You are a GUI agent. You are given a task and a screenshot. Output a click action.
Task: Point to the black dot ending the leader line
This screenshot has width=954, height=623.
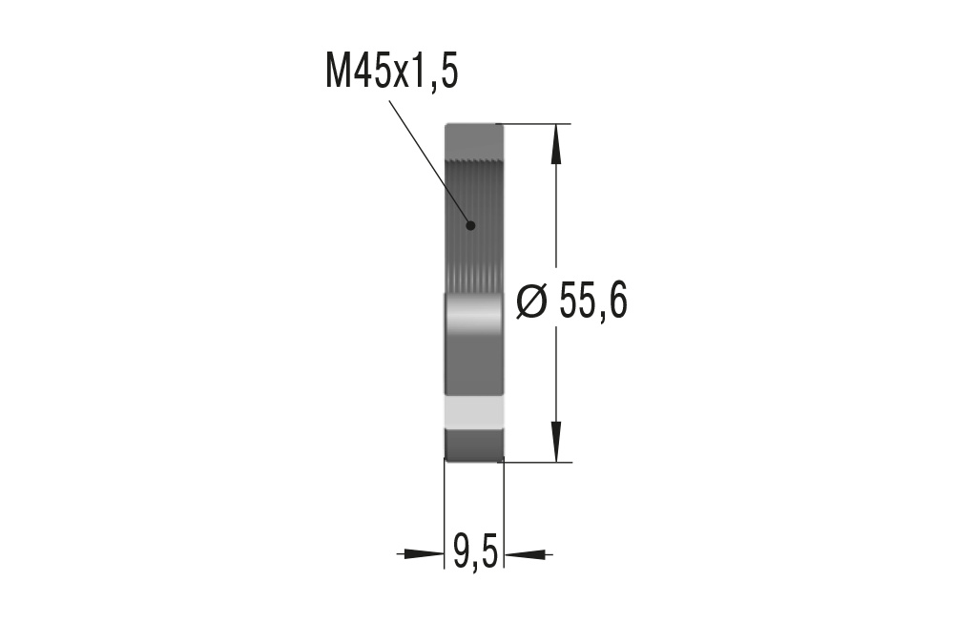(x=469, y=226)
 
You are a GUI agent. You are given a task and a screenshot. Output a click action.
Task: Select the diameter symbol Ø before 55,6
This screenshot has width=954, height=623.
(x=531, y=302)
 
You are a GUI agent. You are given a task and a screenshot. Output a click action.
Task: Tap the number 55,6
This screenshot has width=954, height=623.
(x=592, y=302)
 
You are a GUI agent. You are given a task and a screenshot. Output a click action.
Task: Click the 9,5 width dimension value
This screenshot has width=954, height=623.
(x=475, y=552)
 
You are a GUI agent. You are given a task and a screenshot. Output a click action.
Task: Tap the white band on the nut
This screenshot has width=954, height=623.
(x=474, y=412)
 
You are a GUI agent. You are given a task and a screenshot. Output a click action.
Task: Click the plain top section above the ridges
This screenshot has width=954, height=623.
(x=474, y=138)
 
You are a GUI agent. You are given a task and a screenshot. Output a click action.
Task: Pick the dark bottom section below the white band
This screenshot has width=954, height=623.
(x=474, y=444)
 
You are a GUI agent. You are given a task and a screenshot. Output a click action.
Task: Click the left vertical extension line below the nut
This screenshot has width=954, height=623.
(x=446, y=515)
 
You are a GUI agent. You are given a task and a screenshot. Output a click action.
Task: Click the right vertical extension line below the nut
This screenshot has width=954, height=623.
(x=504, y=515)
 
